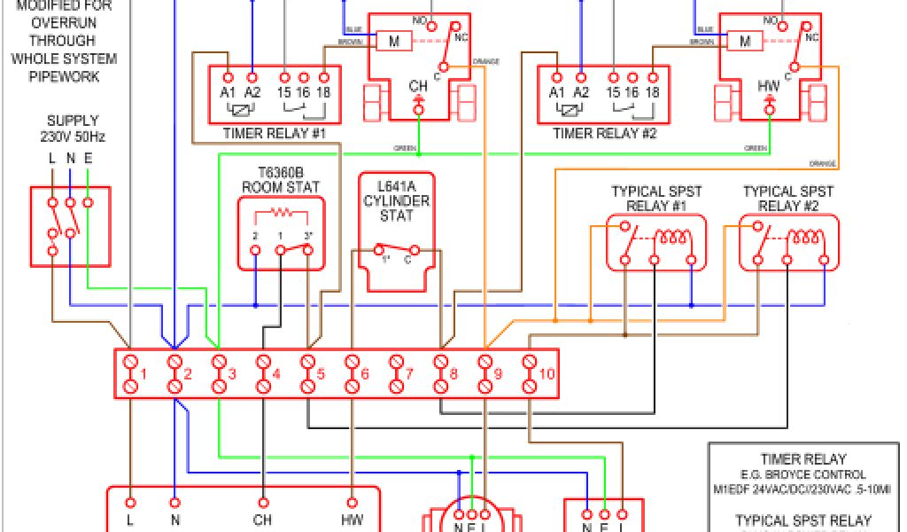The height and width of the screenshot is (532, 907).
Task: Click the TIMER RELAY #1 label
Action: pos(275,133)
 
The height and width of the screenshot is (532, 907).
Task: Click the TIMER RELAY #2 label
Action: pos(605,133)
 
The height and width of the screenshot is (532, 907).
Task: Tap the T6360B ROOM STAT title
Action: pos(281,180)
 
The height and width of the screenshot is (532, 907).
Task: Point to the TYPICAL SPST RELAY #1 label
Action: pos(651,199)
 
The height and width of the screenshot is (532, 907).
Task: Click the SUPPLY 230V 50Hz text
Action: pos(72,129)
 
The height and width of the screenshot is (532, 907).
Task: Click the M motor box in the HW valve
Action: pos(745,41)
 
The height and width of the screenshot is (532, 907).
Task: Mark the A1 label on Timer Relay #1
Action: pos(228,92)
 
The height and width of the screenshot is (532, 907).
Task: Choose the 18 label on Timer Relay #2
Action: pos(653,92)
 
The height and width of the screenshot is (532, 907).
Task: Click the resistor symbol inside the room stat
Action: pos(281,214)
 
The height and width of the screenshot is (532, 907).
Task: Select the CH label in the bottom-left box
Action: pos(263,520)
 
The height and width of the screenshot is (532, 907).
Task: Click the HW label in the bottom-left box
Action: pos(352,520)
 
